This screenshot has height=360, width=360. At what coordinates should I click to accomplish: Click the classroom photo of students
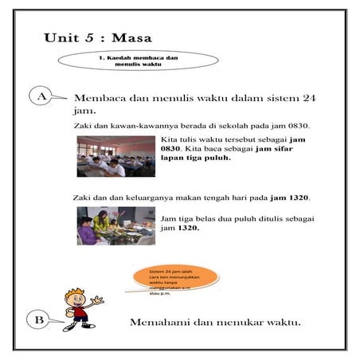(115, 157)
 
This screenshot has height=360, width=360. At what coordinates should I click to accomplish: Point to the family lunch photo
(115, 226)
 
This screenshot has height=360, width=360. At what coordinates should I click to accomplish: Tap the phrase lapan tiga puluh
(196, 158)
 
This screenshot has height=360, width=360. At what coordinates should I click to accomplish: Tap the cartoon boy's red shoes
(80, 325)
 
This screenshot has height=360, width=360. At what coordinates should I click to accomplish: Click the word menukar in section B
(245, 323)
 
